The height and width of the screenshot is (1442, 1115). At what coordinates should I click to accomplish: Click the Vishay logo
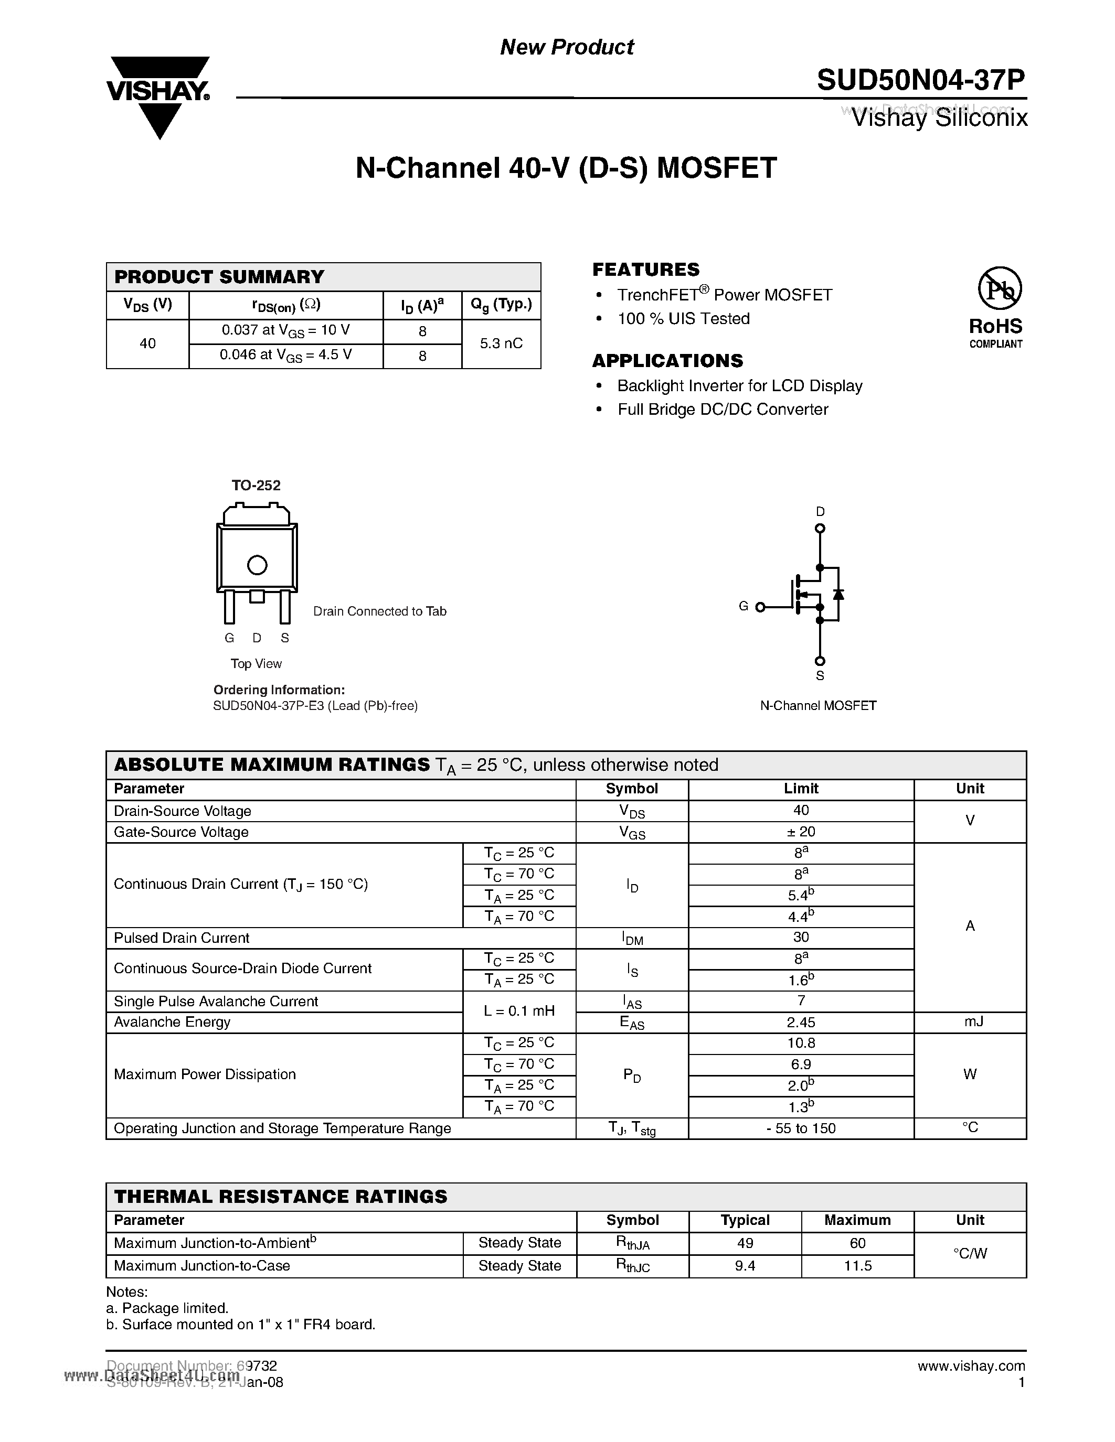click(158, 96)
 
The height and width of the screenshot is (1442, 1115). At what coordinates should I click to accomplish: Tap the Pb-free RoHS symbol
click(999, 288)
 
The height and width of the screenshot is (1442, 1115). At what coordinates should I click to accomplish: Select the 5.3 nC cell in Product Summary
click(501, 343)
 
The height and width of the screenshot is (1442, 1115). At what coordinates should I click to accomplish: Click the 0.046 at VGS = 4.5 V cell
click(285, 355)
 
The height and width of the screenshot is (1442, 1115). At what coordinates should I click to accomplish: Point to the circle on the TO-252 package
click(257, 565)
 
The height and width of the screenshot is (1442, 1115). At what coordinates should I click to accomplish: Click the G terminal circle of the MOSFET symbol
click(760, 607)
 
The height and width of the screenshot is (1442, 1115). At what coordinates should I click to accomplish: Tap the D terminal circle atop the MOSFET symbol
click(820, 528)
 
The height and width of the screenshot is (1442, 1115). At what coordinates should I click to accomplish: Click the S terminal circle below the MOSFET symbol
click(820, 661)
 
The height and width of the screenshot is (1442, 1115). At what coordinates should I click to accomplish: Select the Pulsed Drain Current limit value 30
click(801, 938)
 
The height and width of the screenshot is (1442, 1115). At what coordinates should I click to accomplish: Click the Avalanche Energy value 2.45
click(801, 1022)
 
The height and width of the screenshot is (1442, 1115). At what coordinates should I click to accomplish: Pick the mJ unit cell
click(970, 1022)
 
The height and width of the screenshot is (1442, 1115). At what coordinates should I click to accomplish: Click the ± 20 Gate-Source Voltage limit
click(801, 832)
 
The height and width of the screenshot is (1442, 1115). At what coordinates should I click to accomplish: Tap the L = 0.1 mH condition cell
click(519, 1011)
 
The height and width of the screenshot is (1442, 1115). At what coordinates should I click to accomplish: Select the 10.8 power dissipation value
click(801, 1043)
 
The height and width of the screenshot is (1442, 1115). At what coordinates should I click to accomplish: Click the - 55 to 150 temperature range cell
click(801, 1128)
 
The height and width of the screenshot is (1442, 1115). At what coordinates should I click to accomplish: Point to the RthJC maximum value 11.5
click(857, 1266)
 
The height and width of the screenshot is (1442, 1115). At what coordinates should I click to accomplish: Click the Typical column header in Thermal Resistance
click(745, 1220)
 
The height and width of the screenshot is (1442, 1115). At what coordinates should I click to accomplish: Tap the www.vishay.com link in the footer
click(971, 1366)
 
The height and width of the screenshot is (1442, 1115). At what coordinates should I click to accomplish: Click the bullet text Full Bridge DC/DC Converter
click(722, 410)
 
